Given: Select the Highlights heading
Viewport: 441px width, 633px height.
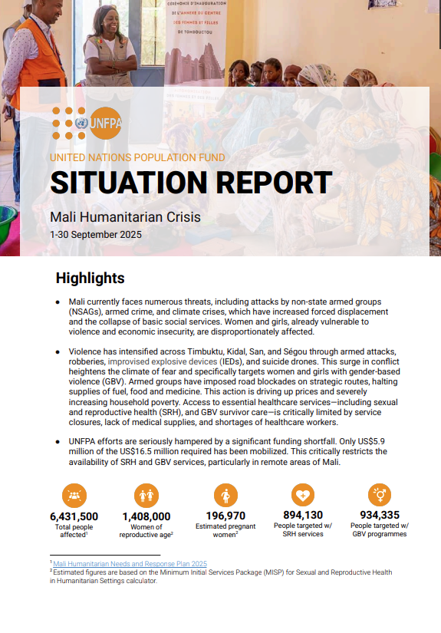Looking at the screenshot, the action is point(90,278).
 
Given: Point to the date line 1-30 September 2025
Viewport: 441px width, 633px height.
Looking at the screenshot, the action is point(96,234).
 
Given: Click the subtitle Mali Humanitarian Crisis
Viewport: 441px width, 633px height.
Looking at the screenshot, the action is point(125,217).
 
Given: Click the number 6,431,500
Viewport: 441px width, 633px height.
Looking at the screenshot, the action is point(74,516).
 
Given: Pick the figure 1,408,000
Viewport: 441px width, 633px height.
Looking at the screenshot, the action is point(146,516).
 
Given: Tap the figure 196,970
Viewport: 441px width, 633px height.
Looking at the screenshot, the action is point(225,516).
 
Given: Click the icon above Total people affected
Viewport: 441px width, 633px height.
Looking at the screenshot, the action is point(74,495).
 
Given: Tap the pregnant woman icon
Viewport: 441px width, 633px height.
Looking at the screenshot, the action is point(225,495).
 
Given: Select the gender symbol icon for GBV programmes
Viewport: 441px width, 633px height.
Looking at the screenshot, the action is point(379,494).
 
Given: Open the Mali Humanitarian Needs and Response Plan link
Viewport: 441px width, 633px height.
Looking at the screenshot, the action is point(130,564).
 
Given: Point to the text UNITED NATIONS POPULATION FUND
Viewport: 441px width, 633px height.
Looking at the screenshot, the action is point(137,157).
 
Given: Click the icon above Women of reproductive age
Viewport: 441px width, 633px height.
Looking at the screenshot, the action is point(146,495).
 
